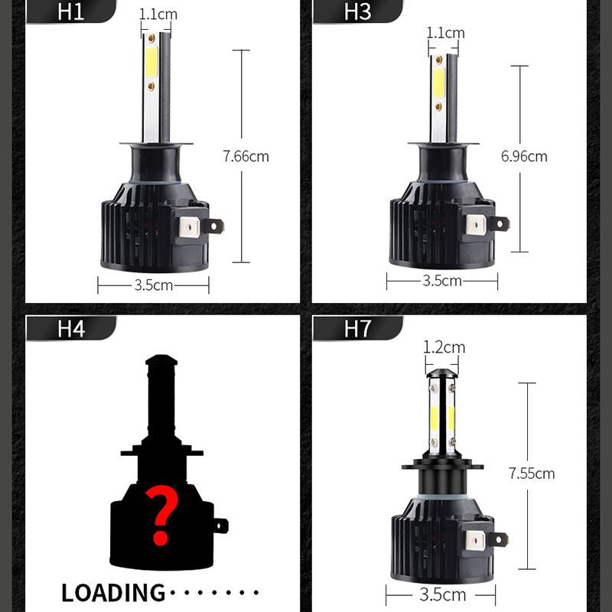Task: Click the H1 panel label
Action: click(x=70, y=12)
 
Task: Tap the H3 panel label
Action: click(x=357, y=12)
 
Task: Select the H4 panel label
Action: click(x=70, y=329)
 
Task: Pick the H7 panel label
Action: click(x=357, y=329)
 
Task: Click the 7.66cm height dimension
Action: click(x=246, y=157)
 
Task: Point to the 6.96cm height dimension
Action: click(x=524, y=157)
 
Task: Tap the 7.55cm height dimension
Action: click(x=532, y=474)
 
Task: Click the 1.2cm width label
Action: click(x=444, y=347)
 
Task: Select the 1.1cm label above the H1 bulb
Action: click(x=158, y=15)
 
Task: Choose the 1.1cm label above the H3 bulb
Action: click(x=445, y=33)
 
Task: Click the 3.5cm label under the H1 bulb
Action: click(x=154, y=285)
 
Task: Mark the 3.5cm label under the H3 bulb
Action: click(x=442, y=281)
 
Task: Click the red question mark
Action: click(x=160, y=518)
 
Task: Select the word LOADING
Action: click(x=113, y=592)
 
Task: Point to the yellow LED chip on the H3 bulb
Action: click(x=438, y=83)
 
